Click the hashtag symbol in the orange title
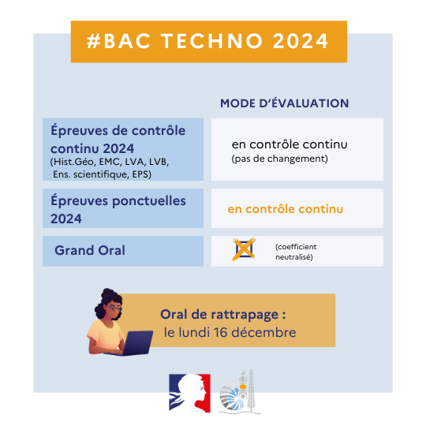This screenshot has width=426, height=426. point(93,41)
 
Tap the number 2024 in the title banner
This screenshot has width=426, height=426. point(301,41)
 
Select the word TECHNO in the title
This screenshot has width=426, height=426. point(212,41)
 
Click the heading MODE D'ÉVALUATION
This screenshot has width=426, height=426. point(284,103)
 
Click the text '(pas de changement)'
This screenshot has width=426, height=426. point(279,159)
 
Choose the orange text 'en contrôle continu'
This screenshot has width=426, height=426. point(286,209)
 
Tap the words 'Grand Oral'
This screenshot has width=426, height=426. point(90,250)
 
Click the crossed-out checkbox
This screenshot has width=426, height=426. point(244,249)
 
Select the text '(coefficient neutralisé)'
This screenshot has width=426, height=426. point(296,252)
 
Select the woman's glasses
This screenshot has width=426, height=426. point(114,308)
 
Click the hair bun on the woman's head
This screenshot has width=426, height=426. point(108,293)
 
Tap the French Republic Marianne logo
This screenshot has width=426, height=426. point(189,393)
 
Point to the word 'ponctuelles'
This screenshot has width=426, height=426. point(149,201)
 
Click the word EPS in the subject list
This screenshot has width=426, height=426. point(141,174)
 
